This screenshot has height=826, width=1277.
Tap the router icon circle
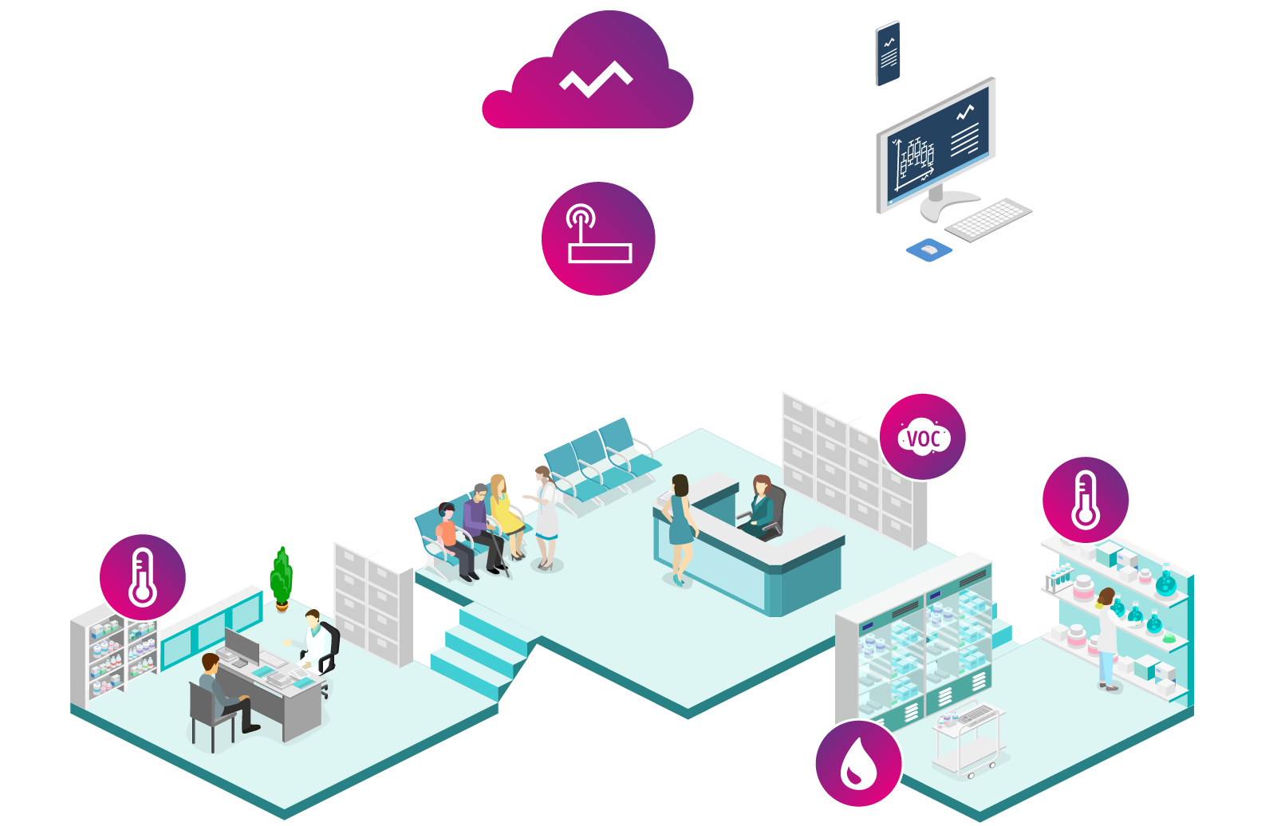click(x=598, y=238)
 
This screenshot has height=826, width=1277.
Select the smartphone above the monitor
click(x=888, y=53)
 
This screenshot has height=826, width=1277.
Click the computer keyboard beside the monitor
click(x=988, y=218)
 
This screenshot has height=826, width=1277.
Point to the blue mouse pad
click(x=929, y=250)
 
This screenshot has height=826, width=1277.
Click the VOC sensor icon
click(x=923, y=437)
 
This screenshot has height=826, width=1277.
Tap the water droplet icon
click(x=858, y=763)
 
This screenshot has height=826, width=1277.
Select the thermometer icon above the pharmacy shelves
click(x=1085, y=500)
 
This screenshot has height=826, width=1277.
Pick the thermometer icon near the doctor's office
click(x=143, y=576)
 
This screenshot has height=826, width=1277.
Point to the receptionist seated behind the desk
click(x=760, y=505)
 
